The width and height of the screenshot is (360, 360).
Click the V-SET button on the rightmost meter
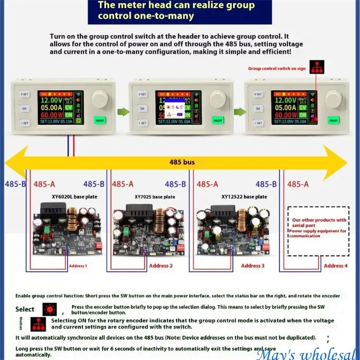click(258, 94)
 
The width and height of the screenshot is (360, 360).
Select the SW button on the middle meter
click(142, 108)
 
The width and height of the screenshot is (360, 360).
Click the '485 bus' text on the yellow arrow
click(182, 162)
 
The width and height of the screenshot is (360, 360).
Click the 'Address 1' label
click(78, 266)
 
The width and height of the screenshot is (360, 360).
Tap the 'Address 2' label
click(161, 266)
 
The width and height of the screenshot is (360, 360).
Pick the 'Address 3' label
click(253, 266)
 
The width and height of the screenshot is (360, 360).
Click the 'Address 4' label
click(336, 266)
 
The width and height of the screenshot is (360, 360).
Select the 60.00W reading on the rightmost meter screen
click(284, 115)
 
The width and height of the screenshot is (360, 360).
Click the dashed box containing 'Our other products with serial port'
click(318, 231)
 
